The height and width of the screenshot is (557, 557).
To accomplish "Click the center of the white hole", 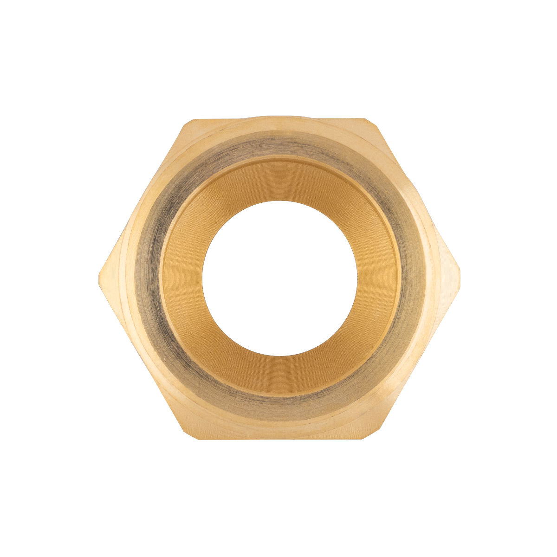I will click(279, 278).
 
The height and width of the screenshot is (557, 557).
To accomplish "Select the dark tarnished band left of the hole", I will click(148, 278).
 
